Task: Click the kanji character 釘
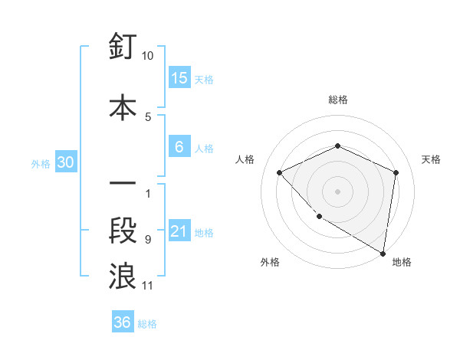click(123, 49)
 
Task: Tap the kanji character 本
click(123, 107)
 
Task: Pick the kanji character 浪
click(123, 276)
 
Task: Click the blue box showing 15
click(179, 78)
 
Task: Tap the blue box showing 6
click(179, 147)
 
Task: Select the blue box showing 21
click(179, 232)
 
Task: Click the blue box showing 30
click(66, 162)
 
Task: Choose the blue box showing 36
click(123, 322)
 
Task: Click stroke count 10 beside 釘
click(148, 56)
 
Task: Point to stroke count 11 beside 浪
click(148, 286)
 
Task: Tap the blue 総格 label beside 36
click(147, 323)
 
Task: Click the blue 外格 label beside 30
click(41, 163)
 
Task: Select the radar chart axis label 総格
click(337, 100)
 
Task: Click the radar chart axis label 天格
click(431, 159)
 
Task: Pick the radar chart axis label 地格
click(402, 262)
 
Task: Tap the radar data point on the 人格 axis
click(280, 172)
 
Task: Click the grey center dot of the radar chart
click(337, 191)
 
